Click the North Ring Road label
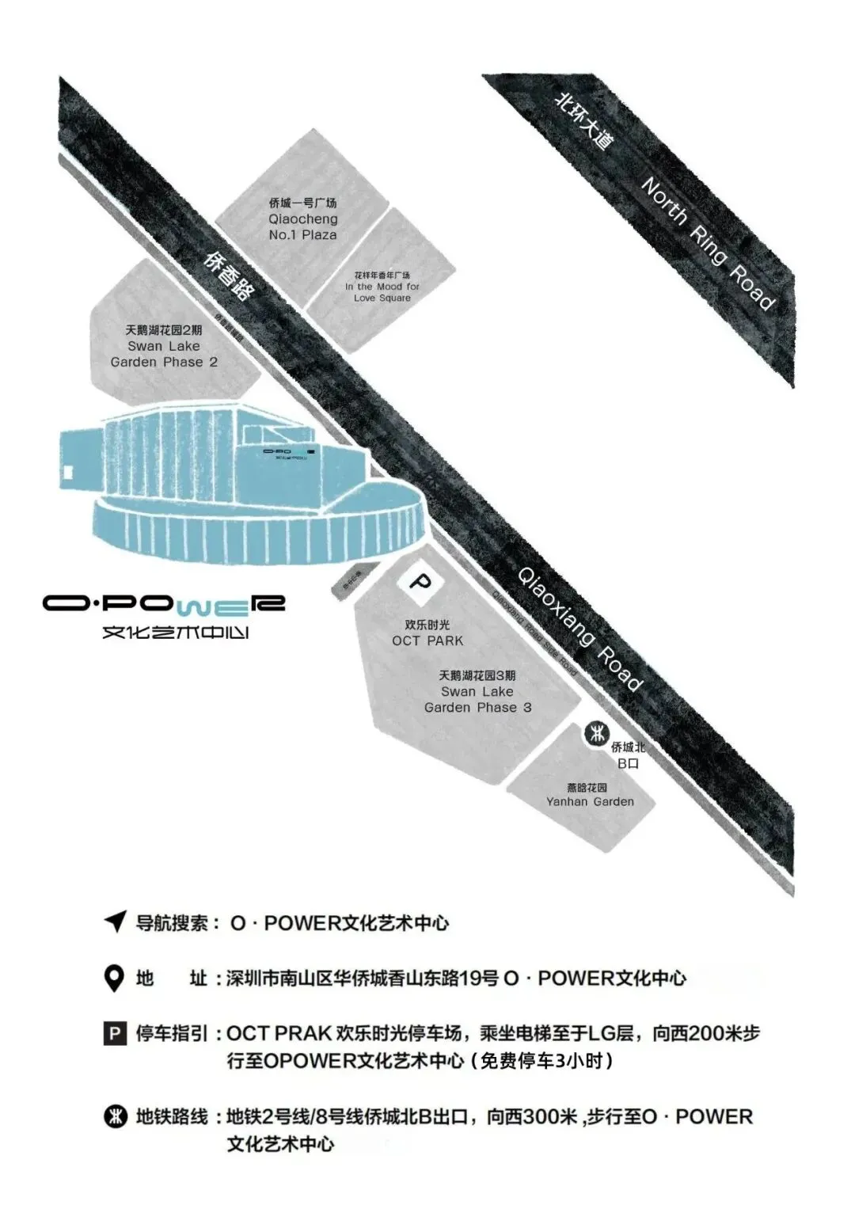(707, 242)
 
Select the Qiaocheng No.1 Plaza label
(302, 219)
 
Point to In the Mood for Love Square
(382, 287)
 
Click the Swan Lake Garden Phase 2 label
(164, 346)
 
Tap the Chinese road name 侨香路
(229, 275)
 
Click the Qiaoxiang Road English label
(579, 628)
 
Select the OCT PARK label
(427, 633)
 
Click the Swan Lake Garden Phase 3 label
(477, 691)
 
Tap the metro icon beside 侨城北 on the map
(595, 733)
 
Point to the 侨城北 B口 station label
(628, 755)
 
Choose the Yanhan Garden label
(590, 795)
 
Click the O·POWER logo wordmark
(164, 604)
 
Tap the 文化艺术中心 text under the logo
(176, 633)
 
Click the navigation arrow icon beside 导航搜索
(116, 922)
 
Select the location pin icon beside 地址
(115, 979)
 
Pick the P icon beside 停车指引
(115, 1033)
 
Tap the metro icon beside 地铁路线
(116, 1116)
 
